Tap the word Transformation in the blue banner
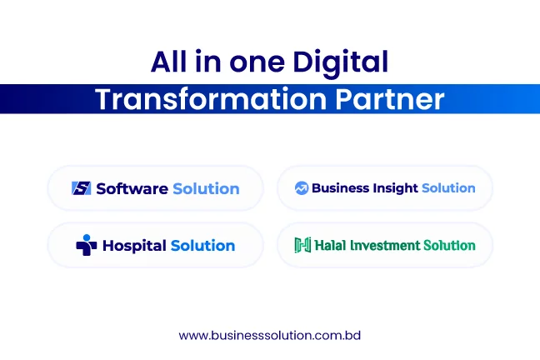point(211,99)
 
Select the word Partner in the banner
point(390,99)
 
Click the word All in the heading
point(168,62)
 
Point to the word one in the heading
point(257,63)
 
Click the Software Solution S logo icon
point(82,188)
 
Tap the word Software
point(132,189)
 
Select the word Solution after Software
point(206,189)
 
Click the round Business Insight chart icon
point(302,188)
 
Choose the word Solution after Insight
point(448,188)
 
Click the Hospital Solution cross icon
point(86,245)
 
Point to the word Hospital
point(135,246)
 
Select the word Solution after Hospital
point(202,246)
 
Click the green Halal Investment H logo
point(302,245)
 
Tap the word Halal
point(330,245)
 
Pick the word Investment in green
point(385,245)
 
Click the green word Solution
point(449,245)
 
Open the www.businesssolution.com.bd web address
point(270,335)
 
